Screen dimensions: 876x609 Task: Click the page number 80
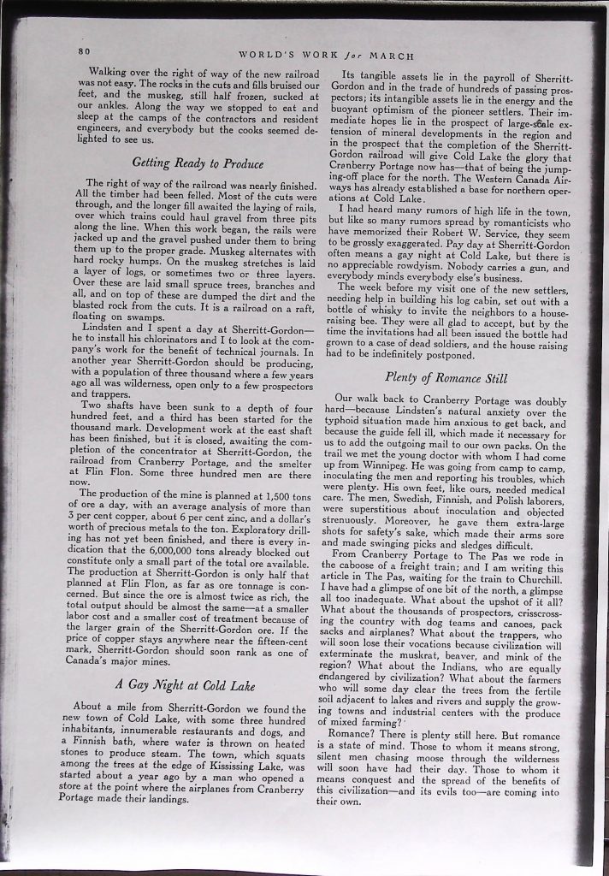pos(84,50)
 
